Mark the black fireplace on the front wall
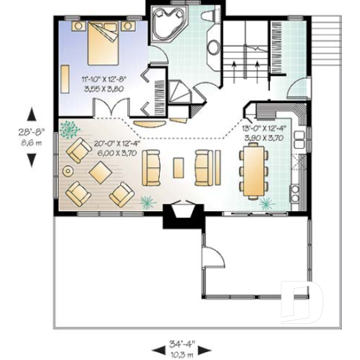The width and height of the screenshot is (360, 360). click(x=180, y=215)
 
